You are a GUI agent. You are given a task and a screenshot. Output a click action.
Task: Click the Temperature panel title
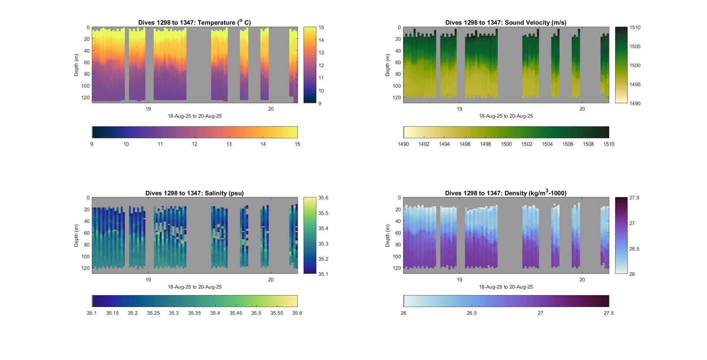[194, 23]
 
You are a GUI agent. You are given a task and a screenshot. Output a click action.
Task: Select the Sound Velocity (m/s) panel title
[506, 23]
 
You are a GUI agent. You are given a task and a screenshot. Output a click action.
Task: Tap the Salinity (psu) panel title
[194, 193]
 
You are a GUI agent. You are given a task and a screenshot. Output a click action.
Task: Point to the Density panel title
[506, 193]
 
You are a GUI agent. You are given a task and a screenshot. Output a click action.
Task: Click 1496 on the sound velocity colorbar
[465, 144]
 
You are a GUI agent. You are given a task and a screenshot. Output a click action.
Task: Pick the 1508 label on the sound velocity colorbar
[588, 144]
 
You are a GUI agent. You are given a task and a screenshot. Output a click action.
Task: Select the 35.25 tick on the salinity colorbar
[153, 313]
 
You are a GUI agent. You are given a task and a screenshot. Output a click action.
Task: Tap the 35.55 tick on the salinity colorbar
[277, 313]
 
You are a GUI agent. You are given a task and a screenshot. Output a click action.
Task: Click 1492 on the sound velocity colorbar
[424, 144]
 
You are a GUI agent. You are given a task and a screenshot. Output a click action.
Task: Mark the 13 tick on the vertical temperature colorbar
[321, 53]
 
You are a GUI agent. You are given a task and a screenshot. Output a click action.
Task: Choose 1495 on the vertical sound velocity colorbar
[635, 84]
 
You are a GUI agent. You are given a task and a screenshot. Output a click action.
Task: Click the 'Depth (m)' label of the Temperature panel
[76, 65]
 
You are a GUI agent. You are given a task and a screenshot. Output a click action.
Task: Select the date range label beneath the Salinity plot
[194, 287]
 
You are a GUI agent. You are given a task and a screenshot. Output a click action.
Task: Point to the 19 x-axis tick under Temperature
[148, 109]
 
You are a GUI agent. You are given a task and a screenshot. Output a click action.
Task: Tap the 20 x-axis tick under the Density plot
[582, 280]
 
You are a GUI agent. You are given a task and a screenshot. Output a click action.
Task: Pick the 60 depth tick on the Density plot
[398, 233]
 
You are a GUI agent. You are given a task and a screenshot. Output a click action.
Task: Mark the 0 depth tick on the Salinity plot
[88, 198]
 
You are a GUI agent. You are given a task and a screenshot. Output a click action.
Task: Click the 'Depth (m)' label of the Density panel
[388, 235]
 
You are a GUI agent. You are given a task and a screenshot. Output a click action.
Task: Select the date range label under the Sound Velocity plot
[506, 116]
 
